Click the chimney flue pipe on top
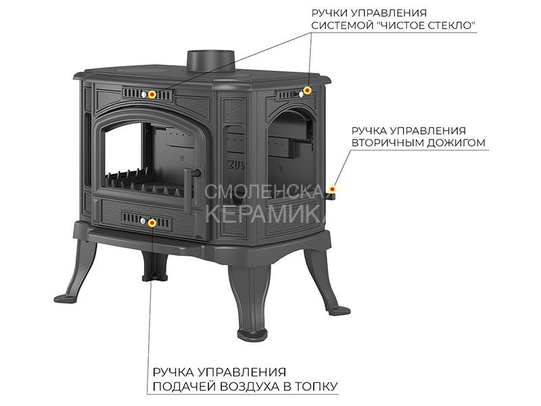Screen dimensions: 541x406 pyautogui.click(x=211, y=62)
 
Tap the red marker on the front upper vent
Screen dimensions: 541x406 pyautogui.click(x=152, y=94)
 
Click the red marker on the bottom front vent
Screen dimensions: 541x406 pyautogui.click(x=151, y=223)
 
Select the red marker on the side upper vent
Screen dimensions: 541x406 pyautogui.click(x=307, y=91)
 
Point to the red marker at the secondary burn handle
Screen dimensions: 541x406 pyautogui.click(x=332, y=189)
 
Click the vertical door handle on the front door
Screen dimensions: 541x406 pyautogui.click(x=188, y=191)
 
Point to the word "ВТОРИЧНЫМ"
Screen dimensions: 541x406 pyautogui.click(x=387, y=143)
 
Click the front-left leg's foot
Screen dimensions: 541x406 pyautogui.click(x=66, y=298)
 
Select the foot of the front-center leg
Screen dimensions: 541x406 pyautogui.click(x=253, y=334)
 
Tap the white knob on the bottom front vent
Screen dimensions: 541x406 pyautogui.click(x=143, y=221)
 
